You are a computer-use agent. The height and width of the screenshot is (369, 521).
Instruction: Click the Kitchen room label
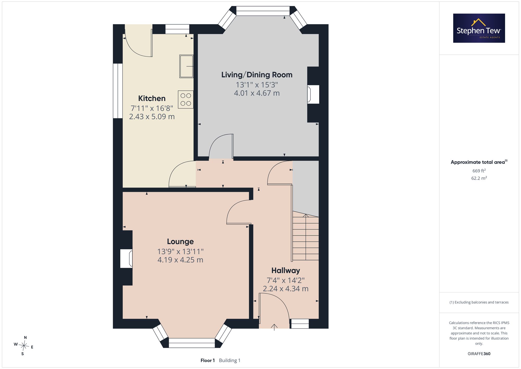pos(152,98)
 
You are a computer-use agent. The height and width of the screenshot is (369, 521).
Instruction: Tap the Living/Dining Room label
pos(257,75)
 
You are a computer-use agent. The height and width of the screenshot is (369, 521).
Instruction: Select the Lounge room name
pos(180,242)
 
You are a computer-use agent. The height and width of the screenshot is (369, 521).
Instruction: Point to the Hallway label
pos(286,270)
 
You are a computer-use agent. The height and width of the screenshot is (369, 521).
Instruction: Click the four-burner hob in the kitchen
pos(186,99)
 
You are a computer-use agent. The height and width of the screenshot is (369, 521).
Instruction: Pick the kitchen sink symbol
pos(186,66)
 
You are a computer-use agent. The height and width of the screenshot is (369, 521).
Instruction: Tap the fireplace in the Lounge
pos(126,258)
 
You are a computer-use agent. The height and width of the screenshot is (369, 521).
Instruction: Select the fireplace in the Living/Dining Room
pos(313,94)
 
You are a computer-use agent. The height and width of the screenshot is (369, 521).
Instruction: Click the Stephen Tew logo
pos(479,28)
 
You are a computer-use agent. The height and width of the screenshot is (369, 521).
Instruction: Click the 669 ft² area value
pos(479,171)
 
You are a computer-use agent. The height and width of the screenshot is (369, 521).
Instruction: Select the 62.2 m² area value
pos(479,178)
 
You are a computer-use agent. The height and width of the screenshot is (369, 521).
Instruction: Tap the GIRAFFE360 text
pos(479,354)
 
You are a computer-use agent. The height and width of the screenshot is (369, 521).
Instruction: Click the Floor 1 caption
pos(208,360)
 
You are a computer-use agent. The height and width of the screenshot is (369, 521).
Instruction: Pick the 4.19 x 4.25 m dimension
pos(180,260)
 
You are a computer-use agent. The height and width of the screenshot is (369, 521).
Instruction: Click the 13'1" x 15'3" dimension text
pos(257,85)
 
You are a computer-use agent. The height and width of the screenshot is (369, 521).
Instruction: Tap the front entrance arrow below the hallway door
pos(274,327)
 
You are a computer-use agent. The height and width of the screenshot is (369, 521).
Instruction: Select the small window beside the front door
pos(300,324)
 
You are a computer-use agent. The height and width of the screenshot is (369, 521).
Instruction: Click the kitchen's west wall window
pos(118,91)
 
